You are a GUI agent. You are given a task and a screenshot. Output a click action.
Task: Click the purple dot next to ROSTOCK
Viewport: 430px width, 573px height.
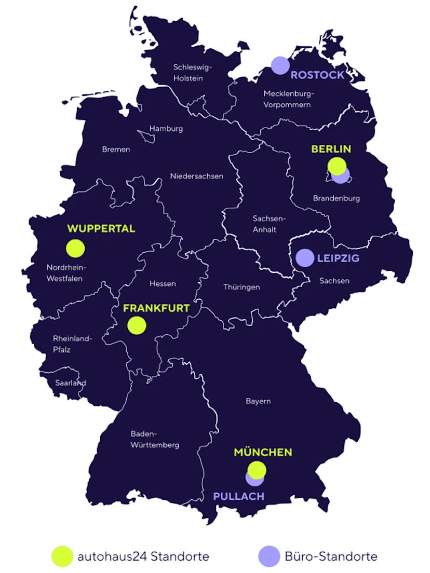point(280,65)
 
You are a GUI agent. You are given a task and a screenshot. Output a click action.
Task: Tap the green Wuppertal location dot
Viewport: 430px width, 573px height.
point(75,248)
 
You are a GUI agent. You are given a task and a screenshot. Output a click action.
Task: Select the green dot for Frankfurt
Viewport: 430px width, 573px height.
point(137,325)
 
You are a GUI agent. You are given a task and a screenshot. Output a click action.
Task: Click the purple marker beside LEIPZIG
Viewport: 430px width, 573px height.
point(305,257)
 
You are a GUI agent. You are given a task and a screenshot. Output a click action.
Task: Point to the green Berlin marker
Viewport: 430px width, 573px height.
point(337,166)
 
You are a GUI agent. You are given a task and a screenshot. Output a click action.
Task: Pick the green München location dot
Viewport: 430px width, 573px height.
point(257,469)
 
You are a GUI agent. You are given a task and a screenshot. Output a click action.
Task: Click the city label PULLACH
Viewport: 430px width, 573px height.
point(239,496)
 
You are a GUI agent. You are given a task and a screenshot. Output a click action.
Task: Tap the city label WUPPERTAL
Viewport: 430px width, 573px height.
point(101,228)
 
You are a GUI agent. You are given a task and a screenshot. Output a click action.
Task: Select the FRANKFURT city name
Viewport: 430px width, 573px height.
point(156,308)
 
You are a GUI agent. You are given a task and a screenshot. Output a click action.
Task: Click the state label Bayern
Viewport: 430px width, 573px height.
point(258,401)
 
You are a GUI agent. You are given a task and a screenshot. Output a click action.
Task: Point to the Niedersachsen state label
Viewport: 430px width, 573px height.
point(197,176)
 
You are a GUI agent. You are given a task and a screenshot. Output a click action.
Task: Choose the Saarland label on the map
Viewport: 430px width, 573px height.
point(70,383)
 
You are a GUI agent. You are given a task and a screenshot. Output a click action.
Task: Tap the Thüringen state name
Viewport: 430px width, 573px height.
point(241,287)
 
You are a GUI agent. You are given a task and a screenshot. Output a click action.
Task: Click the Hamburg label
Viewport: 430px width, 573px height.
point(166,129)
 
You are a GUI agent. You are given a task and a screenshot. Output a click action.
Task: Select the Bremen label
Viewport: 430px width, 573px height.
point(116,149)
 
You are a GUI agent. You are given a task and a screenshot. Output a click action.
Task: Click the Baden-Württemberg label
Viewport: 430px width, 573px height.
point(155,439)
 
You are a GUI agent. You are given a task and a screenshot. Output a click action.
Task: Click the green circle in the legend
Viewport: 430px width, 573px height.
point(62,556)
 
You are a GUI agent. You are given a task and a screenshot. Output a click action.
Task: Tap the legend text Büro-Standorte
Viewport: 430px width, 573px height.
point(331,557)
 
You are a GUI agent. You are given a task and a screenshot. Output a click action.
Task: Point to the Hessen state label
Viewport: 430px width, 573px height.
point(163,283)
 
